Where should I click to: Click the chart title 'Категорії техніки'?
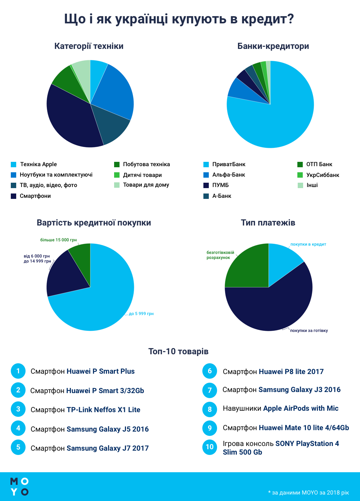(x=89, y=46)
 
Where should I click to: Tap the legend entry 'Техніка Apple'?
(x=38, y=164)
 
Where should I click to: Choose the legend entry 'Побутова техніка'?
(x=146, y=164)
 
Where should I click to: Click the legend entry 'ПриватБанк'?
(x=229, y=164)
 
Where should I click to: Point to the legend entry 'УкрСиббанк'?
(x=323, y=175)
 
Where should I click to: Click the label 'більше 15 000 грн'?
(x=58, y=240)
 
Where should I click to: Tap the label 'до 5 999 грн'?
(x=141, y=314)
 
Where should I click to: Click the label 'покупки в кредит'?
(x=308, y=244)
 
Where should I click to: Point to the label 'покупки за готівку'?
(x=309, y=331)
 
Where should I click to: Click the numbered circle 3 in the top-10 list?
(x=18, y=409)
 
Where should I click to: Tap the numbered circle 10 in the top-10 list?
(x=210, y=447)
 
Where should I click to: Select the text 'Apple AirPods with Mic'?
(x=301, y=408)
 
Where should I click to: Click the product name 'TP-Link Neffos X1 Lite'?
(x=103, y=410)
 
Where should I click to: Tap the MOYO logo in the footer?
(x=19, y=487)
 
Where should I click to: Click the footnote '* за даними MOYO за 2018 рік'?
(x=308, y=492)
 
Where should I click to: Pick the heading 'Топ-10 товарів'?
(x=178, y=351)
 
